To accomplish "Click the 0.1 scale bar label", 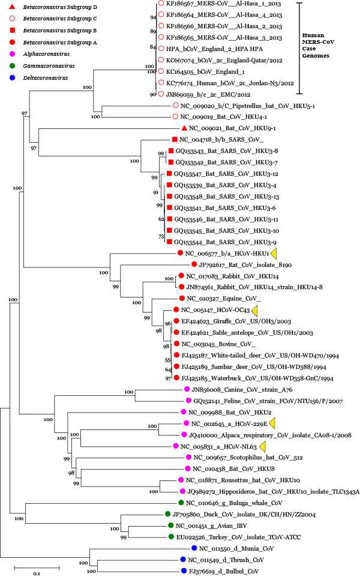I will [x=36, y=571].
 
